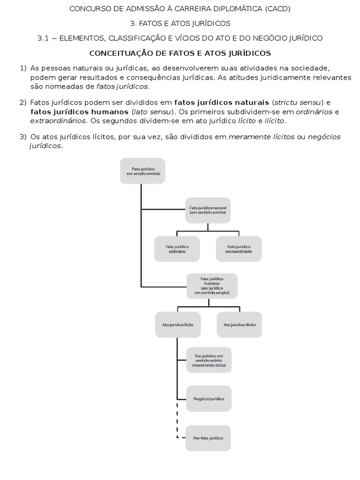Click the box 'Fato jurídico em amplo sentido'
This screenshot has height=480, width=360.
pos(142,171)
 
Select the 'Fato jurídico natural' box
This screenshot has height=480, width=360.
pos(208,209)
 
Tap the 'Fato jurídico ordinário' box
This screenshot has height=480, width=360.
pos(177,248)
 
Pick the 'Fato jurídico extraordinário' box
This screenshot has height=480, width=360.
pos(239,248)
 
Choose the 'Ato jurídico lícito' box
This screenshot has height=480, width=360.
pos(178,324)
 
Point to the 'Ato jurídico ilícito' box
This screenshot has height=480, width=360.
pos(240,324)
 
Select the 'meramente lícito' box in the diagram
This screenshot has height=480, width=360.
pos(208,360)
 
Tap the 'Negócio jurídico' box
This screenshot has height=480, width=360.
pos(209,398)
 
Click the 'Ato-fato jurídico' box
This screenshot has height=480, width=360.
pos(209,438)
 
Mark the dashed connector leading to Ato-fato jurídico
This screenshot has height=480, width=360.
pos(178,422)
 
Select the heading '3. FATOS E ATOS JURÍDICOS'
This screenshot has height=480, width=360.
pos(180,23)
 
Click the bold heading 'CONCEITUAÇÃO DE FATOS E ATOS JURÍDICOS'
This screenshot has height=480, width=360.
pos(180,53)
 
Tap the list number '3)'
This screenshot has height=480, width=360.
pos(23,137)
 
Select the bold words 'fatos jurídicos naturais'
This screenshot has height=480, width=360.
pos(222,103)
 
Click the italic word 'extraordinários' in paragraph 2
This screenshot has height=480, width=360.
pos(58,120)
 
